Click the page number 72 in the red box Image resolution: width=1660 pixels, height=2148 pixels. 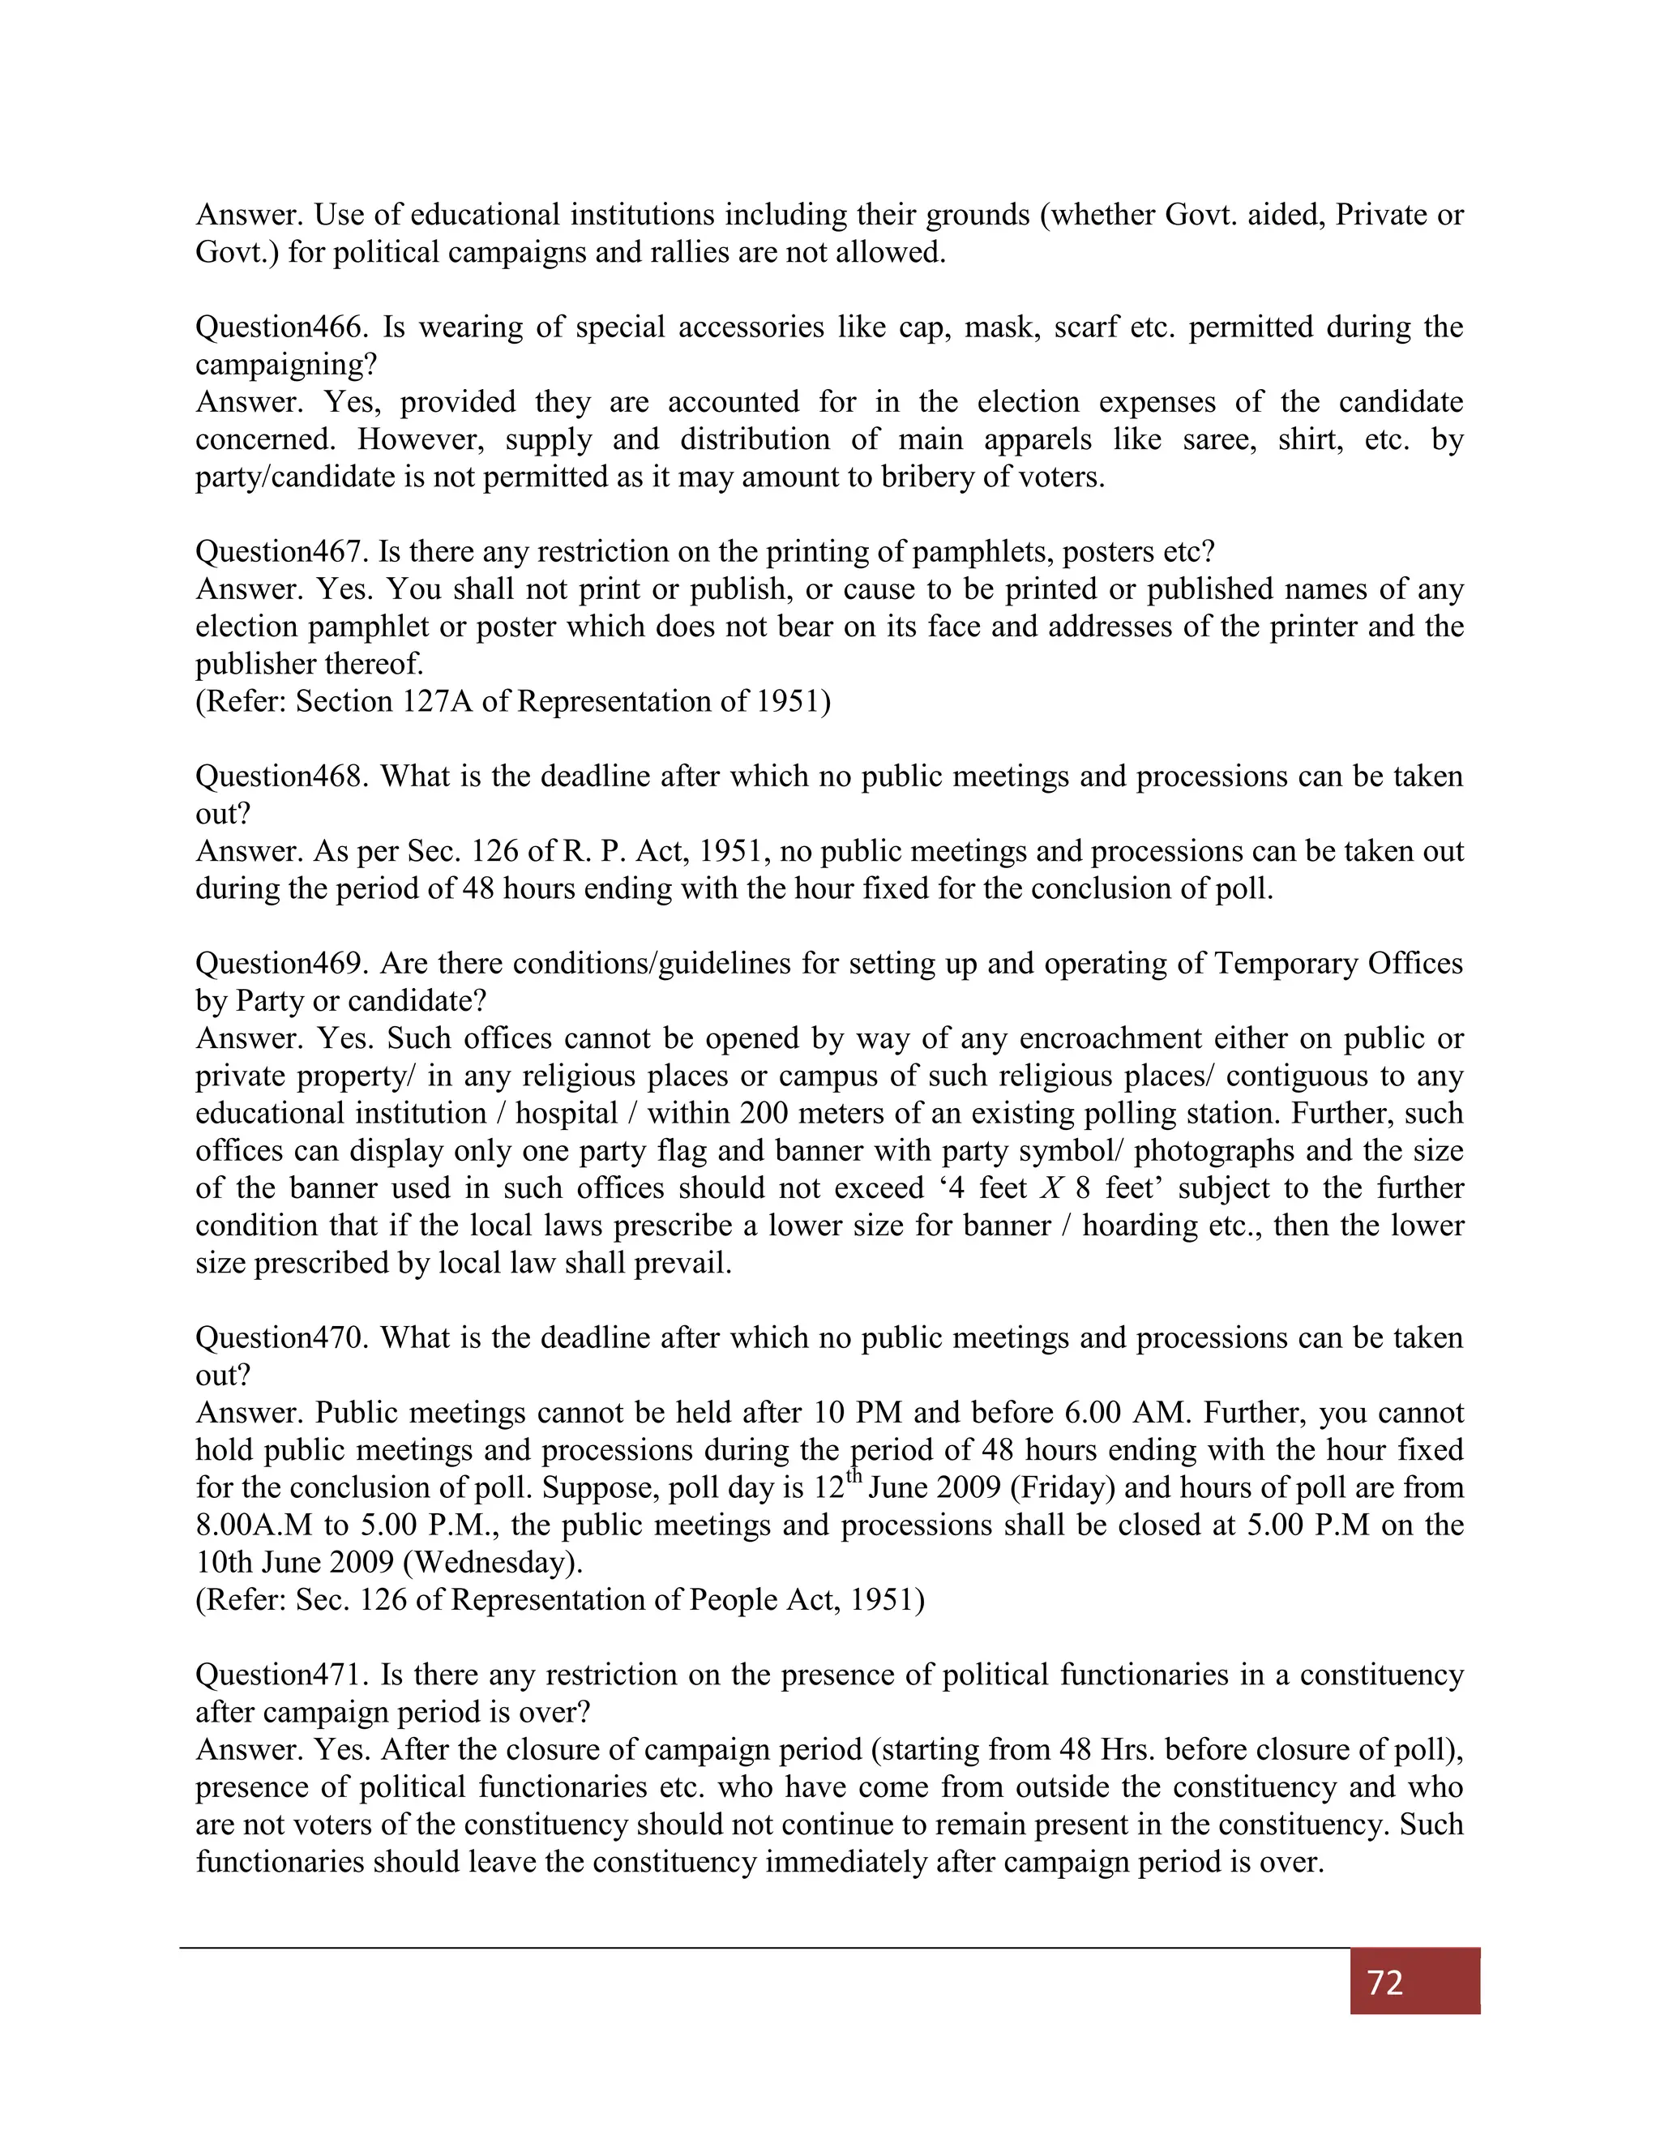1384,1983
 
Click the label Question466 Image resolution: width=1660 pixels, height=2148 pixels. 281,327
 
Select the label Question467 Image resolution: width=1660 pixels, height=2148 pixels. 281,552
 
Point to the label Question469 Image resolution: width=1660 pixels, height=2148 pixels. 281,963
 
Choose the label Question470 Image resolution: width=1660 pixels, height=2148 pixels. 281,1337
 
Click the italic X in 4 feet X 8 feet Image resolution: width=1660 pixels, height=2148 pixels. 1052,1188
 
